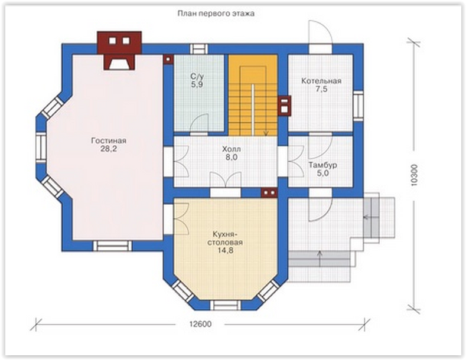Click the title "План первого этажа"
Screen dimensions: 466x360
click(216, 14)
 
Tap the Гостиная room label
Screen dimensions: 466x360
click(109, 140)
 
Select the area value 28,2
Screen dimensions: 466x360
click(109, 149)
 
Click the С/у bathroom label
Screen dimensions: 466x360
click(197, 77)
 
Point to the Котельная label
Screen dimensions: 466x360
click(321, 81)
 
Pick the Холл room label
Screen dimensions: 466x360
click(232, 149)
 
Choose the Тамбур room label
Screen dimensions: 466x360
click(322, 165)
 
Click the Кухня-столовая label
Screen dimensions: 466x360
click(225, 238)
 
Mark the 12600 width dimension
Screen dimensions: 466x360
click(201, 324)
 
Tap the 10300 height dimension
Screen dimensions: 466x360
click(415, 175)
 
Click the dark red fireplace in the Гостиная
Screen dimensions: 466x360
click(119, 51)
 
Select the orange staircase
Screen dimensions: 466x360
click(253, 95)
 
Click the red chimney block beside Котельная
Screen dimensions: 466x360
click(285, 106)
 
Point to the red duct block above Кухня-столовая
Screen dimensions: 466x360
click(269, 192)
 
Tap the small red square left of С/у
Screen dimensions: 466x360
click(168, 59)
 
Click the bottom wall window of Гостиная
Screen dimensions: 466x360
click(113, 246)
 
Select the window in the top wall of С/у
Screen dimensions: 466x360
click(199, 49)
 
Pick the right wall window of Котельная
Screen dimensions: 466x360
click(359, 106)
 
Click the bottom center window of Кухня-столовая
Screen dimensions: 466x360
click(226, 305)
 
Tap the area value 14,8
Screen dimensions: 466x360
click(225, 251)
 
